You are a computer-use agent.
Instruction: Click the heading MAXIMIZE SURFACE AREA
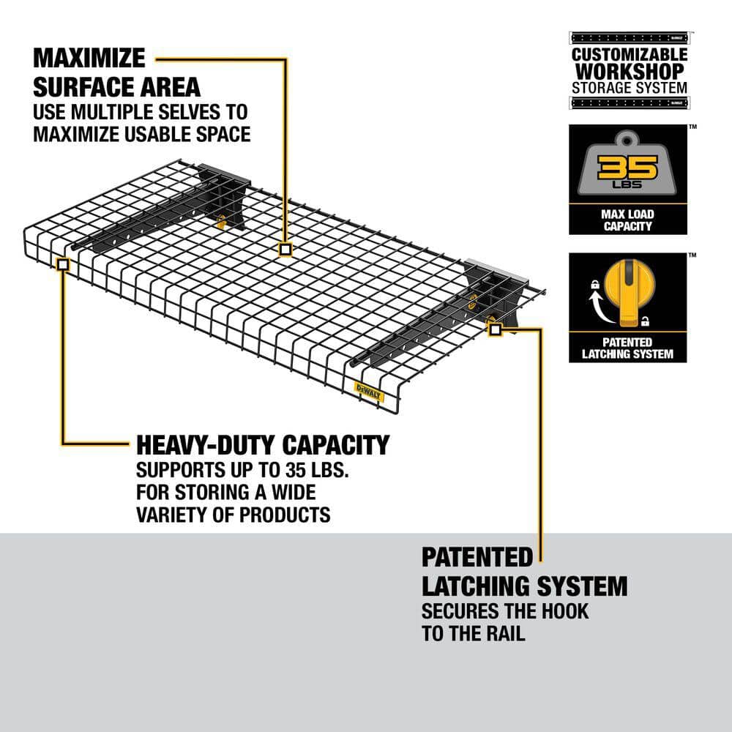[116, 72]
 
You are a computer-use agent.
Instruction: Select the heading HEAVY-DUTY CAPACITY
[262, 444]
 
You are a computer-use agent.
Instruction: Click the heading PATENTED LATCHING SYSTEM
[524, 572]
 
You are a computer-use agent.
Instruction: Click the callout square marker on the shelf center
[285, 250]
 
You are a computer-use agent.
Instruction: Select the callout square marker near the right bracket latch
[494, 329]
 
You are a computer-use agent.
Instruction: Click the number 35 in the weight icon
[628, 168]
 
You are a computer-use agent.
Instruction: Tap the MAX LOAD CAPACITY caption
[628, 220]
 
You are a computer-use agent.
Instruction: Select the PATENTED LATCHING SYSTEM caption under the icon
[628, 348]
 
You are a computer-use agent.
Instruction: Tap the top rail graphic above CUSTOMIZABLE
[630, 37]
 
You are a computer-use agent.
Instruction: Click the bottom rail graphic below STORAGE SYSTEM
[630, 102]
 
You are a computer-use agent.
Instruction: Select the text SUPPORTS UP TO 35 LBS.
[227, 468]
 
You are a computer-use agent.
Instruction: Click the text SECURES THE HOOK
[504, 610]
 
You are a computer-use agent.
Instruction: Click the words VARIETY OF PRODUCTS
[233, 515]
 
